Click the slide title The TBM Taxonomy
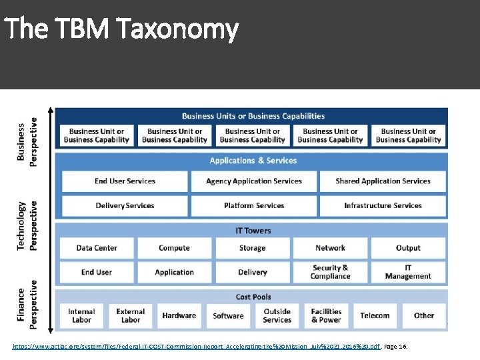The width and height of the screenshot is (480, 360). [121, 29]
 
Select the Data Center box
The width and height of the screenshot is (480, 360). [97, 248]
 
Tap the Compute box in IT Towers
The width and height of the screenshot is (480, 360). [174, 248]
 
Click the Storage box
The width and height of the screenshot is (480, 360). [253, 248]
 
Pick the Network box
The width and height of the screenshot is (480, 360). [330, 248]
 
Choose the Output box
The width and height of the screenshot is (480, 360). [408, 248]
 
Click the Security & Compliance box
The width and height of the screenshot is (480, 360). [330, 272]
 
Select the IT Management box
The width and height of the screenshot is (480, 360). [408, 272]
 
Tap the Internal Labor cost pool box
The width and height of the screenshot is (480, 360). [81, 315]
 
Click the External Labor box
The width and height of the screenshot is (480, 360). [131, 315]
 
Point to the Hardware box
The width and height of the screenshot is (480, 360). [179, 315]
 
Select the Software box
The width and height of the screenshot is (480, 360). [228, 315]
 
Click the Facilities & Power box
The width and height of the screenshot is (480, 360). [326, 315]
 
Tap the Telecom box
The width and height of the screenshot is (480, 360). [375, 315]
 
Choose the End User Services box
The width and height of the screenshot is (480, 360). [125, 181]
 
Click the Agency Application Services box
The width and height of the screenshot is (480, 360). [253, 181]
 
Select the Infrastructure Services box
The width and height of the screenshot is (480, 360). [383, 205]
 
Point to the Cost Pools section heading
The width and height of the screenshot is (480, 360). [253, 297]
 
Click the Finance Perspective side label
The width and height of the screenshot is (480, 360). [27, 307]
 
